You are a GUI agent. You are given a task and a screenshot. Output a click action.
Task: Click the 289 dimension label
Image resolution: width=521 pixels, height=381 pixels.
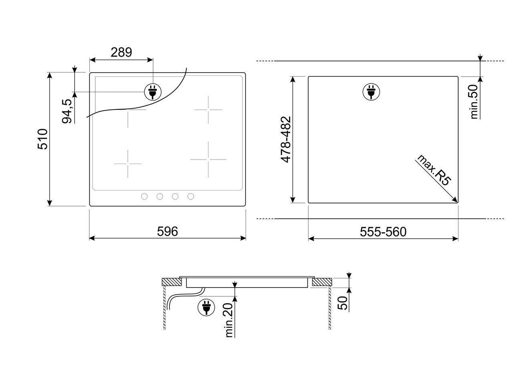coord(121,52)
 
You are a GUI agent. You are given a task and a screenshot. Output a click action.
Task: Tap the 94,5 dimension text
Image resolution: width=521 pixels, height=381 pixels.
coord(67,111)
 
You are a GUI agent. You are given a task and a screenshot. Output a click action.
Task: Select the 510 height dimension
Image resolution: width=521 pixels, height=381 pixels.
coord(42,139)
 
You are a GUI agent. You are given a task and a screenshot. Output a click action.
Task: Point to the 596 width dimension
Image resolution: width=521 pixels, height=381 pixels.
coord(168,231)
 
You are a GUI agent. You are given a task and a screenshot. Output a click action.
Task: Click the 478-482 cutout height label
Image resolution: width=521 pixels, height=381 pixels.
coord(286,140)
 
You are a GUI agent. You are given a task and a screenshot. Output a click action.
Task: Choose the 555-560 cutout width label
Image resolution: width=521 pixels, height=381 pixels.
coord(383,232)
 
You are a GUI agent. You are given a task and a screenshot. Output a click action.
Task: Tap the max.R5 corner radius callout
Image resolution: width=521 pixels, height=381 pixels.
coord(434,170)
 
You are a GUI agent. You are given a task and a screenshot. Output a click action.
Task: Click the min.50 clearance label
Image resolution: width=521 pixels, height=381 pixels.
coord(474,102)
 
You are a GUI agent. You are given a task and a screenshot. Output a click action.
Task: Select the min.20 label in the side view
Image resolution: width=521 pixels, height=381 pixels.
coord(229,320)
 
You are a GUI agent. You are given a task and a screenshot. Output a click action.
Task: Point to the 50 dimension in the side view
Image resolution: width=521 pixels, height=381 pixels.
coord(342,303)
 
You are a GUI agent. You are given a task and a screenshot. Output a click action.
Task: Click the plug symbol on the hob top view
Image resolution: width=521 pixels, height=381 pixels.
coord(153,92)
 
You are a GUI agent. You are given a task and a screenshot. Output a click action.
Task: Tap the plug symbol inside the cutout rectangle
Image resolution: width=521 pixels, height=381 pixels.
coord(371,92)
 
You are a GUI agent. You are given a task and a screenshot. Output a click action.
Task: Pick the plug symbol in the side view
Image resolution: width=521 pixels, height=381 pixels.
coord(206,307)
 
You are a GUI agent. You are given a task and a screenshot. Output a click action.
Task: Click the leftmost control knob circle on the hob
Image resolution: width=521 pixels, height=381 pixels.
coord(144,197)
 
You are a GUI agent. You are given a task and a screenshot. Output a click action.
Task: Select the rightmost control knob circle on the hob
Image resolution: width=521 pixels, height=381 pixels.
coord(191,197)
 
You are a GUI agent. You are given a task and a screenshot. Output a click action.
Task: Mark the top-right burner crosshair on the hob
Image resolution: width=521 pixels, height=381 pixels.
coord(208,109)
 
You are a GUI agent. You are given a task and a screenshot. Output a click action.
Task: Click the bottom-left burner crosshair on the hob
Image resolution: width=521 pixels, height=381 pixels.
coord(128,164)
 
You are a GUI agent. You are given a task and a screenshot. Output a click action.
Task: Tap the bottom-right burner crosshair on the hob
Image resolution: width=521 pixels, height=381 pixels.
coord(208,160)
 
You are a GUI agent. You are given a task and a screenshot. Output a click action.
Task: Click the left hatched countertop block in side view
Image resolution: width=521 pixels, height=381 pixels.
coord(172,282)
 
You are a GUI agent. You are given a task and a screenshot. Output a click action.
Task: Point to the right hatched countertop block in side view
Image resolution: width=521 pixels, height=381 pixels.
coord(322,282)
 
